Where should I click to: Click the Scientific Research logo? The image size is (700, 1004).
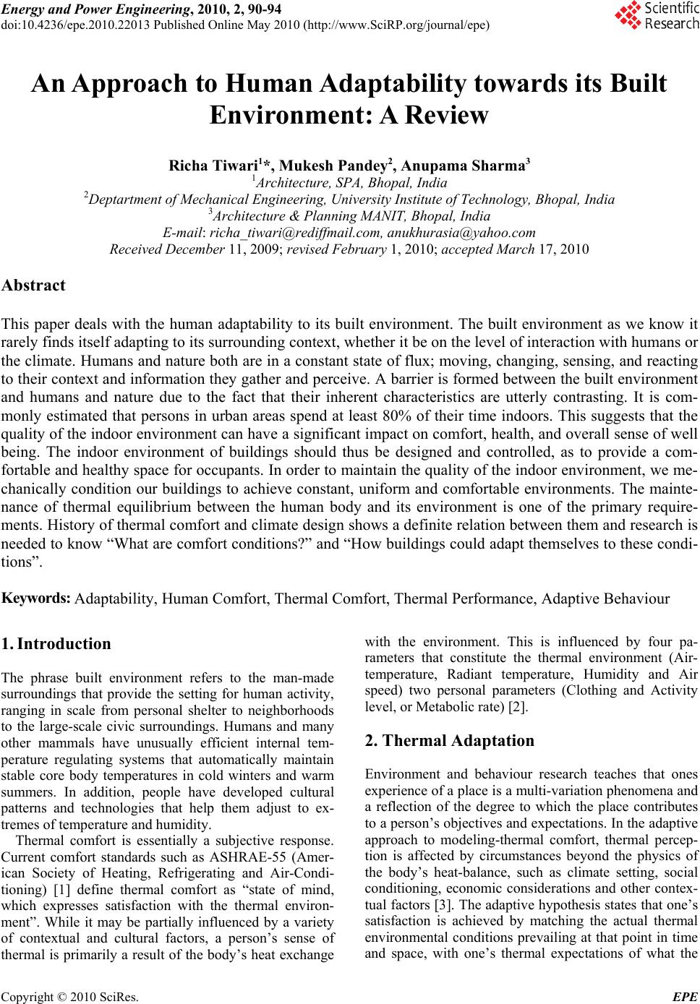[x=656, y=16]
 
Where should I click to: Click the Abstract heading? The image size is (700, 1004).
[x=34, y=285]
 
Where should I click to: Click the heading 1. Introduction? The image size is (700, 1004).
[x=57, y=643]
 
